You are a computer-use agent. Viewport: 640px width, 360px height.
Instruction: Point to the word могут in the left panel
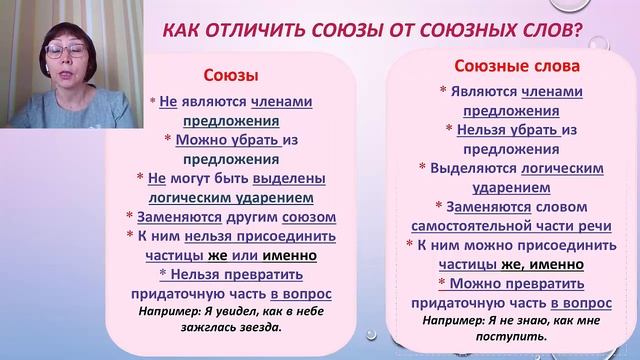pyautogui.click(x=197, y=179)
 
